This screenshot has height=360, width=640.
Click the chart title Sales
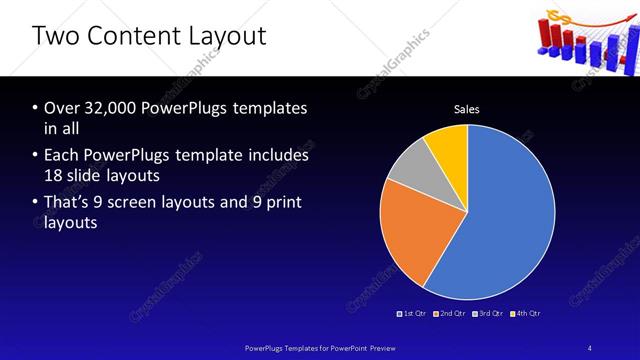pyautogui.click(x=467, y=108)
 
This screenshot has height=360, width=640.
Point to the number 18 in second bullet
pyautogui.click(x=57, y=177)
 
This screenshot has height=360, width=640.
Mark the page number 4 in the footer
pyautogui.click(x=589, y=347)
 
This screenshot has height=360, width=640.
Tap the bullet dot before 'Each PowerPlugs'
pyautogui.click(x=35, y=157)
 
